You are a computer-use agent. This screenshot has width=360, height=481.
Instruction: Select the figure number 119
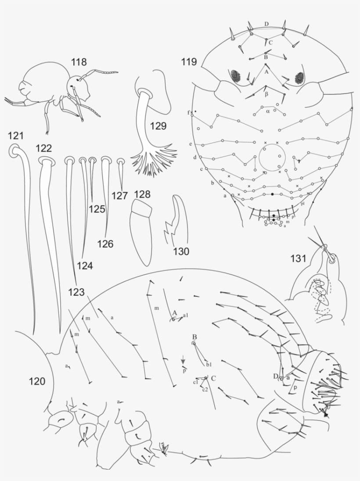190,62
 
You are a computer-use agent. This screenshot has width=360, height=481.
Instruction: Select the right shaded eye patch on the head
300,78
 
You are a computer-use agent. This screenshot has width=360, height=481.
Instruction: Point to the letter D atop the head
266,24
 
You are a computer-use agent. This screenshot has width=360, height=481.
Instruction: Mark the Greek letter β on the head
266,94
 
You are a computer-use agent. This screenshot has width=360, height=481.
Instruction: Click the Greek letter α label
268,111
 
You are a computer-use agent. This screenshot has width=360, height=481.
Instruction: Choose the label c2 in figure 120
205,390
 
